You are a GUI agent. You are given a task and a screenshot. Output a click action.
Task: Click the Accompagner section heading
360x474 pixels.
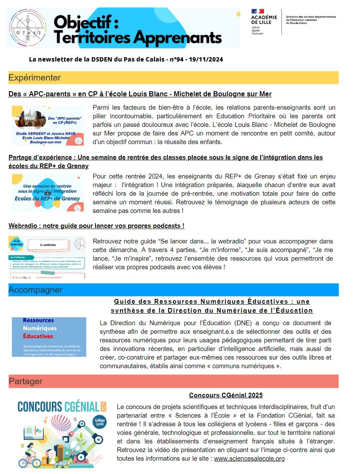[x=36, y=290]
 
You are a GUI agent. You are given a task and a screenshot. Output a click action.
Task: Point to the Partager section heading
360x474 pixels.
[x=26, y=381]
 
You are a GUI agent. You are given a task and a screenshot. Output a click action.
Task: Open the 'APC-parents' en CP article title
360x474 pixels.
[x=140, y=94]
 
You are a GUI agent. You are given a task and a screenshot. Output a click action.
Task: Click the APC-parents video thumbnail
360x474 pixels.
[x=48, y=125]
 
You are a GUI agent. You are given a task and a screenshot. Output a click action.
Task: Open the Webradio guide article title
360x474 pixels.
[x=96, y=225]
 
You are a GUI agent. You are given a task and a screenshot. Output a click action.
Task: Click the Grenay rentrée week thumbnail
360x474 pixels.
[x=48, y=192]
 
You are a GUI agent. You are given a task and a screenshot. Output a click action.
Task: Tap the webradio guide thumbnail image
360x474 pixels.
[x=48, y=257]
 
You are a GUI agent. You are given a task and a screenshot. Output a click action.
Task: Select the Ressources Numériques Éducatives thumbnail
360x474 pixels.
[x=49, y=337]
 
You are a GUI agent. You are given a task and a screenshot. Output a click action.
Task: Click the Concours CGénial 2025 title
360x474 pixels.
[x=225, y=395]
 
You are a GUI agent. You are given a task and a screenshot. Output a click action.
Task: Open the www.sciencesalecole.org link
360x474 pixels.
[x=249, y=459]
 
